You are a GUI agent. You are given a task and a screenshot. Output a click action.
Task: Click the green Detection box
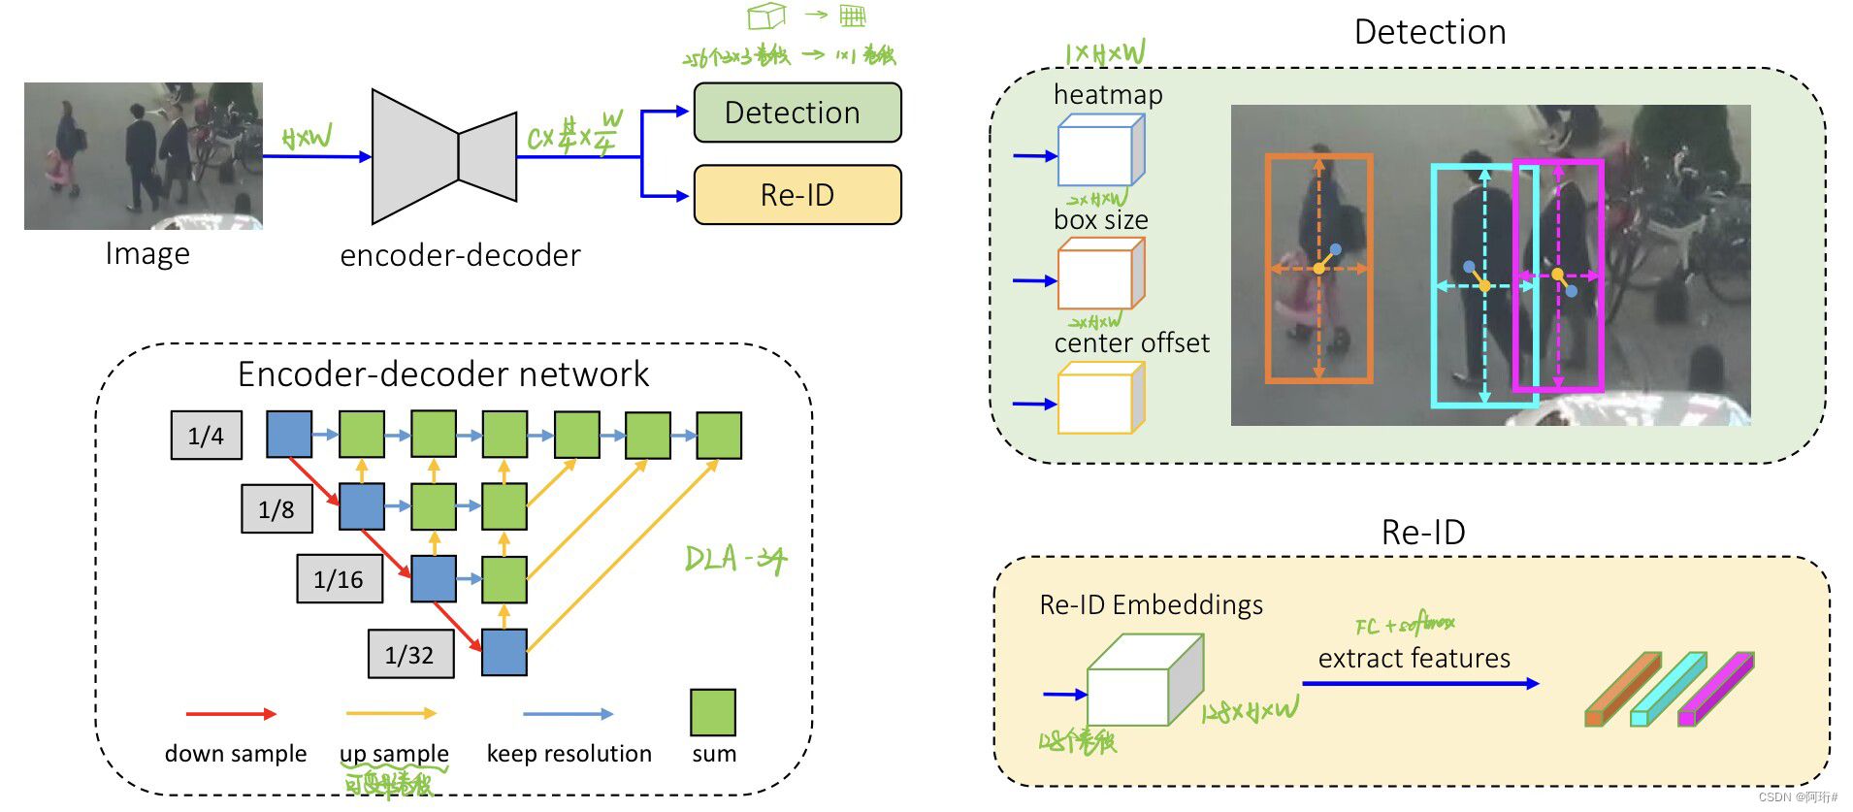coord(796,113)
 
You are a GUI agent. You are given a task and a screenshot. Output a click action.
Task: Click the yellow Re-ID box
coord(796,195)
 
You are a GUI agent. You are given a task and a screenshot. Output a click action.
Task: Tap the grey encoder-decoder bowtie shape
coord(443,156)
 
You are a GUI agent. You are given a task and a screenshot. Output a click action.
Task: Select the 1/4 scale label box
coord(206,436)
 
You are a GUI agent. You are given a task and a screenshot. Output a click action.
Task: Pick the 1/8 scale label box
coord(276,509)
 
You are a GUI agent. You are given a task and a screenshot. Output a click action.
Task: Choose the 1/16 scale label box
coord(339,579)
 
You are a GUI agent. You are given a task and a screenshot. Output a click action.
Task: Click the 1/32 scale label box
coord(409,655)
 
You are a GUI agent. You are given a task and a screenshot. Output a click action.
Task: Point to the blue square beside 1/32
coord(504,652)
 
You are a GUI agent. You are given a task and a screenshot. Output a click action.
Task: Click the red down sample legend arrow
coord(231,714)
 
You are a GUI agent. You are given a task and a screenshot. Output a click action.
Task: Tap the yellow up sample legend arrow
coord(391,714)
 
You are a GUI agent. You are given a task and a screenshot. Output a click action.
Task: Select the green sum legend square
coord(713,712)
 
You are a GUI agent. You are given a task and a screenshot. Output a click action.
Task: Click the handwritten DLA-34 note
coord(734,560)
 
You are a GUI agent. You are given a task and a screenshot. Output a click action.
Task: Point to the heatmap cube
coord(1100,152)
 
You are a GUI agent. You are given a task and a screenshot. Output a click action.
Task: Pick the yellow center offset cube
coord(1100,399)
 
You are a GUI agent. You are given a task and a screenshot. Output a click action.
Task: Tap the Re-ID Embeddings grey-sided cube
coord(1144,682)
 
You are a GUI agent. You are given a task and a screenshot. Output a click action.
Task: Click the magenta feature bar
coord(1715,690)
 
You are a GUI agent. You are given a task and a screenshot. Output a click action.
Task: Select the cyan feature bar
coord(1668,690)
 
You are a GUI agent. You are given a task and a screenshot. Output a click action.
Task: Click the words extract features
coord(1414,659)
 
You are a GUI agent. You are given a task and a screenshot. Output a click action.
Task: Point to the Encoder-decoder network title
coord(443,374)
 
